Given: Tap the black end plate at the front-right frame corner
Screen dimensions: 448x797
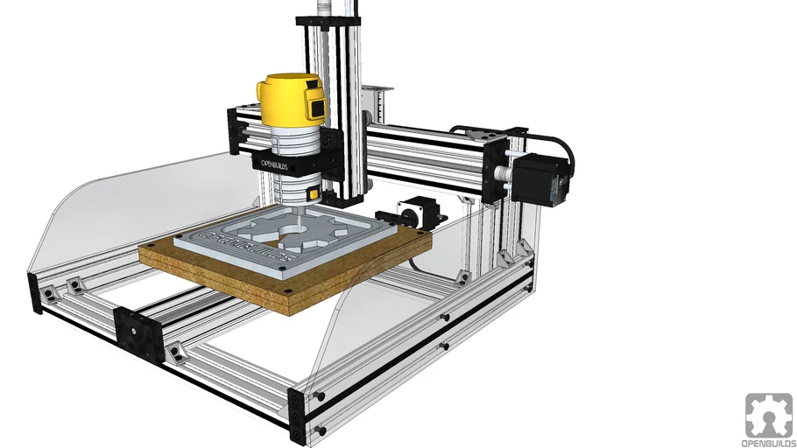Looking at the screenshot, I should point(297,416).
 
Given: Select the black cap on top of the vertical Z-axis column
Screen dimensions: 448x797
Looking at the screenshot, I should point(328,20).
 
